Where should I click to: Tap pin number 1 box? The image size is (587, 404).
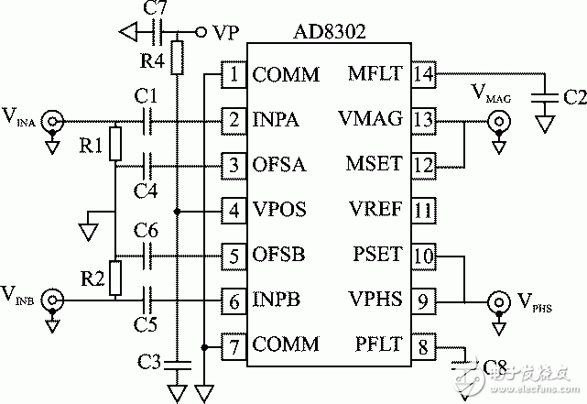234,74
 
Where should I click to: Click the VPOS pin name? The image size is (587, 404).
278,210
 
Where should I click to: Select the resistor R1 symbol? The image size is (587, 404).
114,143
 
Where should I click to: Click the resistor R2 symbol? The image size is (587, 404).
114,277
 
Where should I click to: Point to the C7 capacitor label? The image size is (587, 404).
156,10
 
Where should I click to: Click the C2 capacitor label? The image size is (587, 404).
575,96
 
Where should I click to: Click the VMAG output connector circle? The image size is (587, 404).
499,120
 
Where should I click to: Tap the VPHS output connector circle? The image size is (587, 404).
499,300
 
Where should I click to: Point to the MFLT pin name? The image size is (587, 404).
376,74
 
